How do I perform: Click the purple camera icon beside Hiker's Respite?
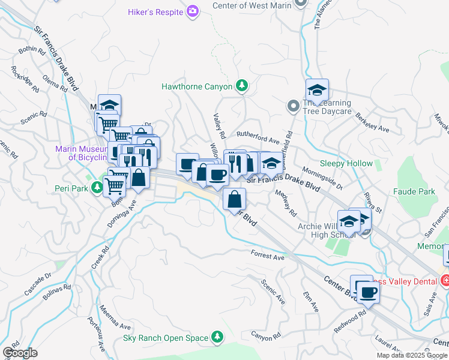tap(193, 11)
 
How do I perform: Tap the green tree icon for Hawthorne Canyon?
tap(242, 86)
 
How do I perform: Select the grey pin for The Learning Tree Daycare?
tap(293, 106)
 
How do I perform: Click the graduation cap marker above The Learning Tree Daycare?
tap(317, 91)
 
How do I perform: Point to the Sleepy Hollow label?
tap(346, 163)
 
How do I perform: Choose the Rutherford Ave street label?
tap(258, 140)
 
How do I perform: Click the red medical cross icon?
tap(445, 280)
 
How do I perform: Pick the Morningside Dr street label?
tap(322, 178)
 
